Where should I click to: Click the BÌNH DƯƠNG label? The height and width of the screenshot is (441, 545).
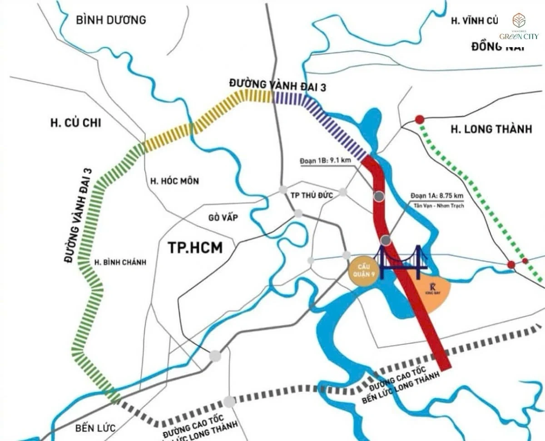click(111, 20)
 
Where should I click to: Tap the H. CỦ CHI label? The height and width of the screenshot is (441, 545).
click(76, 123)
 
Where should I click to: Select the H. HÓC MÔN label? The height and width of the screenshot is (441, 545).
click(174, 181)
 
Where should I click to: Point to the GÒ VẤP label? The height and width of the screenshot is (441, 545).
click(223, 218)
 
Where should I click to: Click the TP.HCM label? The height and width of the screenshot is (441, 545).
click(195, 248)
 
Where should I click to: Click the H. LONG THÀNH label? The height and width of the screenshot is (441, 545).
click(491, 129)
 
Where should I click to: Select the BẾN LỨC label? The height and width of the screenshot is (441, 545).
click(96, 427)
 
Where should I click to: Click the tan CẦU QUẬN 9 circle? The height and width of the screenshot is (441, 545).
click(362, 272)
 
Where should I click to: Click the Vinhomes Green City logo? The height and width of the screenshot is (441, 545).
click(519, 27)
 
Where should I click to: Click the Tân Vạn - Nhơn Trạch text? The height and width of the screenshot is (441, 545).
click(435, 206)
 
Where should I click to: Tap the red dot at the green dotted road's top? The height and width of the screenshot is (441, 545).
click(419, 119)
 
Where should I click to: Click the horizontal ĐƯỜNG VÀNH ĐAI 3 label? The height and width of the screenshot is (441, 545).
click(277, 85)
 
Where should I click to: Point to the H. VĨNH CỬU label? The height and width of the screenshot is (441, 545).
click(474, 20)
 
